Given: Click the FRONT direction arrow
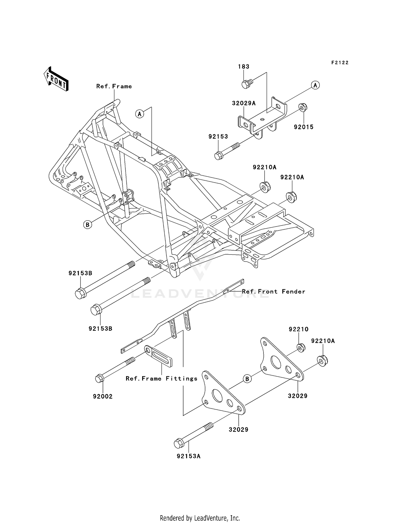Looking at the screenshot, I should [x=56, y=79].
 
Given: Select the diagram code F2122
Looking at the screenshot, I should [x=340, y=63].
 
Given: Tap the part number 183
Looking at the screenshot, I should [x=243, y=67].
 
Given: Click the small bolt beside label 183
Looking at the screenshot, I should [x=246, y=84].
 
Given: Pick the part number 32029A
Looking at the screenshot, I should [x=243, y=103].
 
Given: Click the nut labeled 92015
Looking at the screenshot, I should [x=303, y=107].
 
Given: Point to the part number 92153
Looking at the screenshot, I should [x=218, y=136].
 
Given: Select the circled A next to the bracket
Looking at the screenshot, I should [x=315, y=85].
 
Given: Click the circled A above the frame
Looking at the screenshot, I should [x=139, y=114].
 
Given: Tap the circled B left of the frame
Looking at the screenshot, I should [x=87, y=225].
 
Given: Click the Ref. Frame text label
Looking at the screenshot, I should [x=114, y=86].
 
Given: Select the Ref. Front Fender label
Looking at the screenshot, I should [x=273, y=291].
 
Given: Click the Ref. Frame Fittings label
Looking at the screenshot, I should [x=161, y=379].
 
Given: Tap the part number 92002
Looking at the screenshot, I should [x=103, y=396].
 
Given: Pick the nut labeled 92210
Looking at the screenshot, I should [x=301, y=348].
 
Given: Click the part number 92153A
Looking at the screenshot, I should [x=188, y=456].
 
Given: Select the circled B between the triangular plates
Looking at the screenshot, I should [x=247, y=379].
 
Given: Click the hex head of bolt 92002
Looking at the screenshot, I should [x=99, y=378].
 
